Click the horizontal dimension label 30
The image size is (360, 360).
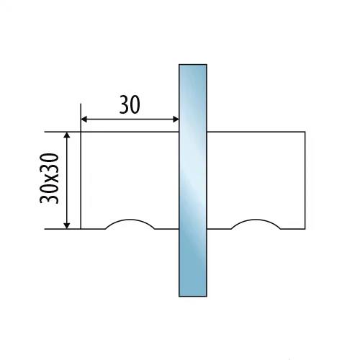[130, 105]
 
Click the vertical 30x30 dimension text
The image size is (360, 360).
[49, 179]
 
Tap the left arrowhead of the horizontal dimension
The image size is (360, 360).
[84, 119]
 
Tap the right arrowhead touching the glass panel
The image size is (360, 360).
[176, 119]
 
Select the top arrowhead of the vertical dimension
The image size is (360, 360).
[67, 135]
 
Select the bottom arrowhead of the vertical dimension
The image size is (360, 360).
[67, 226]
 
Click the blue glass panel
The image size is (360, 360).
[193, 181]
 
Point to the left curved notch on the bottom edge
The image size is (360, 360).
[130, 220]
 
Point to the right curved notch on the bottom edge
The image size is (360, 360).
[256, 220]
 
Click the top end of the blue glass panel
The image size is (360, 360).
[193, 64]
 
